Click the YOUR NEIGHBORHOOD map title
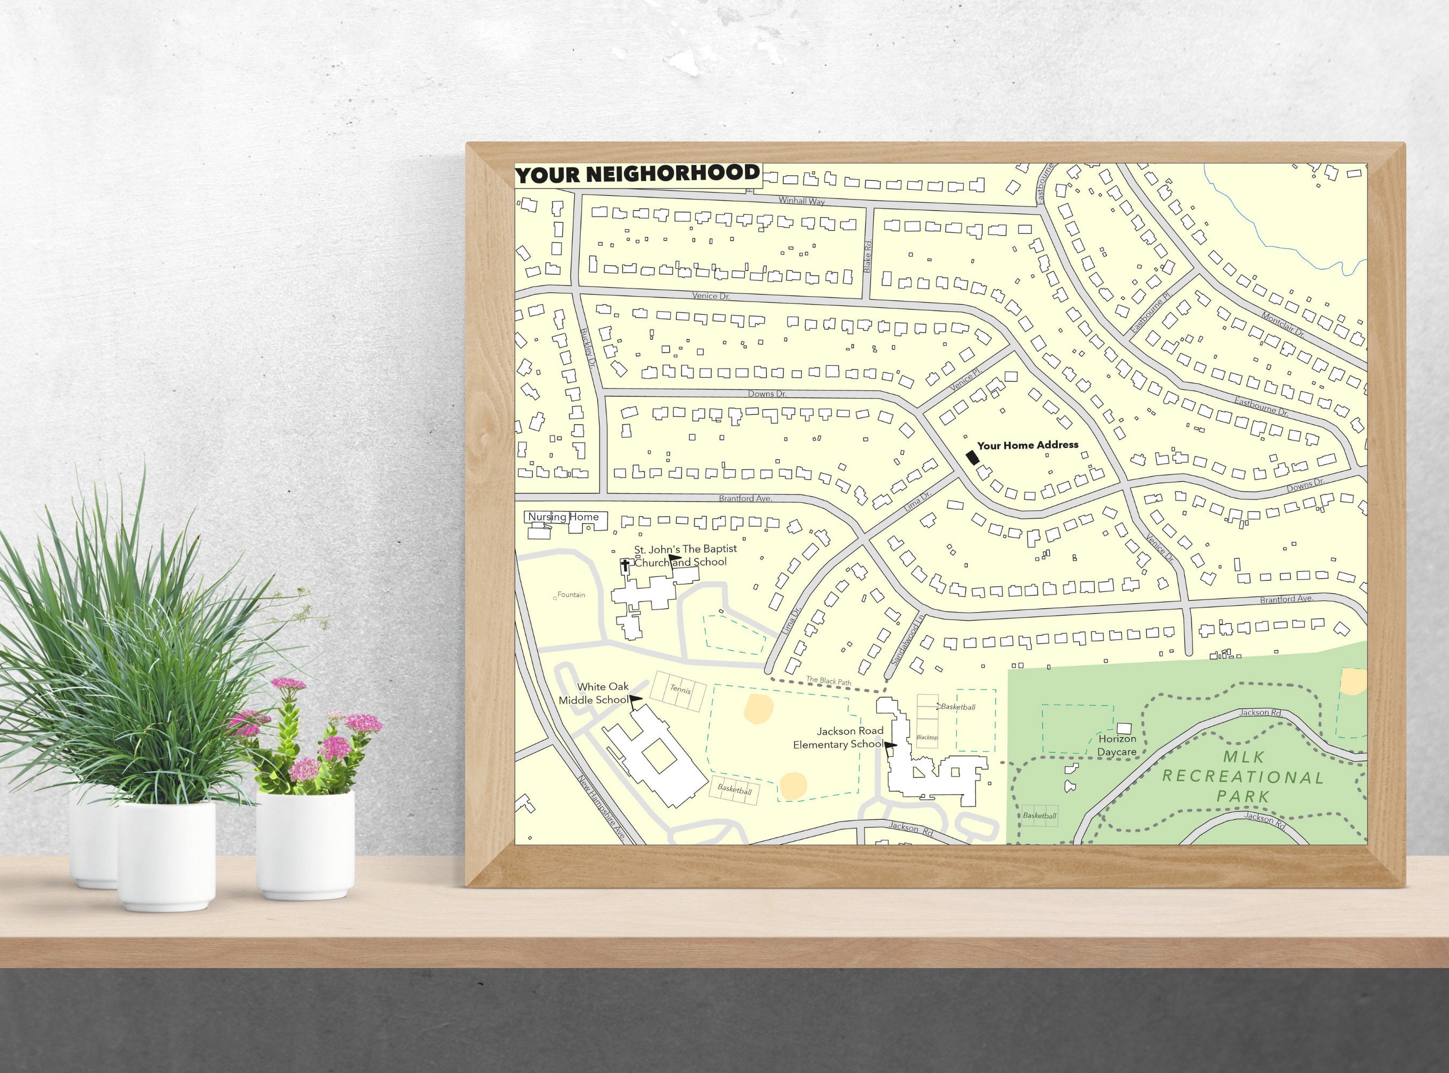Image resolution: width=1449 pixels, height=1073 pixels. coord(638,174)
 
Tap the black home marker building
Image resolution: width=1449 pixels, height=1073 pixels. coord(972,457)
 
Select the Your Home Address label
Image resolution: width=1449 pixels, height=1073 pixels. coord(1027,445)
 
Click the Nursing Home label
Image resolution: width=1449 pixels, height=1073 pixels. coord(563,517)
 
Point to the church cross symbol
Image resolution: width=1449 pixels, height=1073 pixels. coord(625,565)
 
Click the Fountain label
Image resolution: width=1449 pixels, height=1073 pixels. coord(570,595)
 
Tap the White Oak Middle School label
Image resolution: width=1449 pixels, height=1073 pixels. coord(594,693)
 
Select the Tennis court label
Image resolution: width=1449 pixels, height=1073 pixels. coord(680,689)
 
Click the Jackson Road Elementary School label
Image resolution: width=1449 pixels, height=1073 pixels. coord(838,738)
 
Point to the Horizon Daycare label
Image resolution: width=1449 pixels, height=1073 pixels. coord(1117,746)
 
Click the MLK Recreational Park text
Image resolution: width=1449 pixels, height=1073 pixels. coord(1242,776)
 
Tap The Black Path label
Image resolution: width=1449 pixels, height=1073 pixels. coord(829,681)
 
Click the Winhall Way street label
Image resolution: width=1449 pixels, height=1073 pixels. coord(802,201)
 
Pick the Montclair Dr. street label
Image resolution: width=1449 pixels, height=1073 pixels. coord(1283,324)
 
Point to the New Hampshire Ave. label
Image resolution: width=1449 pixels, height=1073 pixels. coord(602,808)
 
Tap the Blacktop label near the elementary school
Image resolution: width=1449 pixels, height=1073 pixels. coord(927,737)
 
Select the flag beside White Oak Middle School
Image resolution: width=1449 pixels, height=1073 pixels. coord(635,700)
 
